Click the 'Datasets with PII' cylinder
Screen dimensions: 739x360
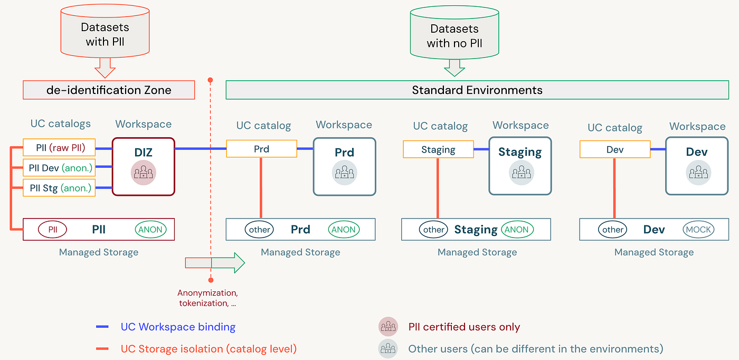[105, 31]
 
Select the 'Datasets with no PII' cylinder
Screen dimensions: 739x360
[454, 32]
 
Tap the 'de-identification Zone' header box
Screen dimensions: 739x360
[109, 90]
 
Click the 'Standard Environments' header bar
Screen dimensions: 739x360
[477, 90]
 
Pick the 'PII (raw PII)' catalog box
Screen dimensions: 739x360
[59, 147]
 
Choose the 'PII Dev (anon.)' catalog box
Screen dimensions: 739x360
[59, 168]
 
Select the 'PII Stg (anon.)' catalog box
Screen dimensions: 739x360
[59, 188]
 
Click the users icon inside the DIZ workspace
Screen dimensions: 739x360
[143, 173]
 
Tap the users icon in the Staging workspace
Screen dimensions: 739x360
[522, 173]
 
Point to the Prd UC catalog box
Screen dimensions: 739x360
[262, 149]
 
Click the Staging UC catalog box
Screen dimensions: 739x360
[439, 149]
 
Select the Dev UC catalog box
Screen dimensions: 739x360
[615, 149]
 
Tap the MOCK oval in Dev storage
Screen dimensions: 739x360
[698, 229]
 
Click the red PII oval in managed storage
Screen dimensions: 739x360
[52, 229]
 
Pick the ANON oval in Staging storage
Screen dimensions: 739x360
[517, 229]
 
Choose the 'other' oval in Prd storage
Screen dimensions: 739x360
[259, 229]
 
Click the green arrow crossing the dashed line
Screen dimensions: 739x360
[228, 263]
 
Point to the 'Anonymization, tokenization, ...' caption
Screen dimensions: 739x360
[207, 298]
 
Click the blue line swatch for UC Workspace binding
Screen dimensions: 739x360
[102, 327]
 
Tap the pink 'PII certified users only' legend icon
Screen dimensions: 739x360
[388, 326]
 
